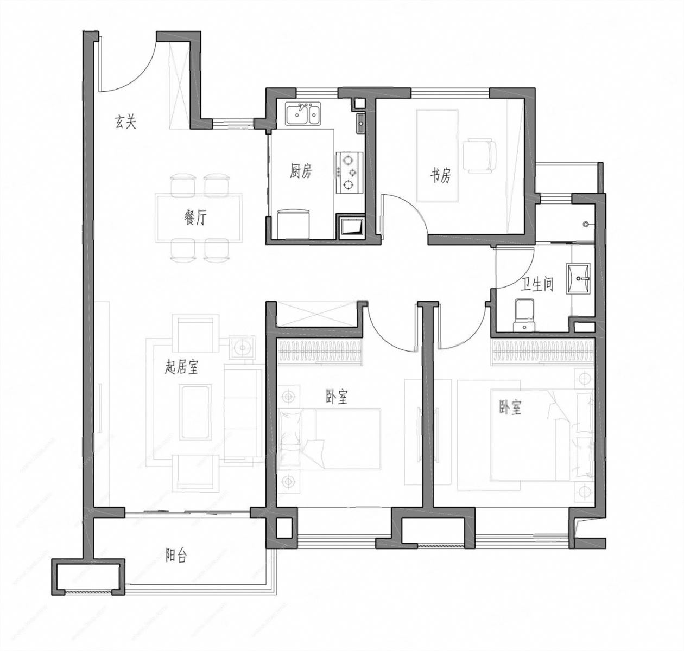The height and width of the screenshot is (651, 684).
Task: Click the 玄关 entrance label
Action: [125, 122]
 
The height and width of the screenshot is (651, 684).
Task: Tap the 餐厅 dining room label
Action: [195, 218]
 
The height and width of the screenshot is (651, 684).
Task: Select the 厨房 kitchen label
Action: [301, 171]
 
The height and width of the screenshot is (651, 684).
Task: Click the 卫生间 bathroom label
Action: [537, 285]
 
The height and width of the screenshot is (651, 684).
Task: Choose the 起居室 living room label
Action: [181, 367]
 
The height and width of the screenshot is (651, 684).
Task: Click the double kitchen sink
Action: [303, 113]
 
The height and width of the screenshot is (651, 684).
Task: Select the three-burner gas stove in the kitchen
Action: [349, 172]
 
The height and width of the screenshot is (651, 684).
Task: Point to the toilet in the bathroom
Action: [524, 315]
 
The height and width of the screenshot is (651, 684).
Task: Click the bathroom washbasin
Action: [578, 278]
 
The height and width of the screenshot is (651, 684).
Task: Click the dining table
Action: [198, 219]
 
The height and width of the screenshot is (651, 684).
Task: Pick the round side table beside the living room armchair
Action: [243, 347]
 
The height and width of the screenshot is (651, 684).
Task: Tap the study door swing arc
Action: [412, 209]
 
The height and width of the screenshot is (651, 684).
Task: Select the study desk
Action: [438, 156]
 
